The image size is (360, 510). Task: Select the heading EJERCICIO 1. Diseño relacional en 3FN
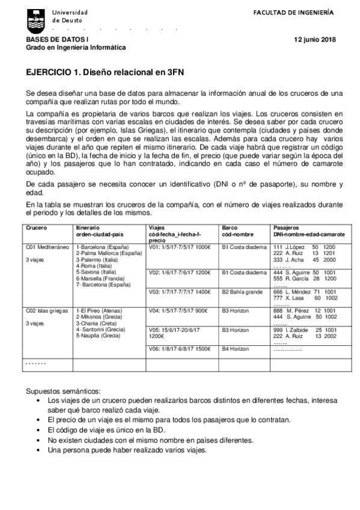coord(105,71)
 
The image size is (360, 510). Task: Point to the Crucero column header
coord(36,228)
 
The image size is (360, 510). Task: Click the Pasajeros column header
coord(287,228)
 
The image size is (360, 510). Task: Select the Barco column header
coord(230,228)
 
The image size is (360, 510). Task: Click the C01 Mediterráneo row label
coord(47,247)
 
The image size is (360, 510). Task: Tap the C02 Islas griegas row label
coord(47,310)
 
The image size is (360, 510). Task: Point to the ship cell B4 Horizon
coord(235,348)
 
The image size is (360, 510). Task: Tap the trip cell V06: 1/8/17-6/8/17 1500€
coord(179,348)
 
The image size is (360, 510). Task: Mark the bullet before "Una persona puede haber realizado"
coord(38,450)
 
